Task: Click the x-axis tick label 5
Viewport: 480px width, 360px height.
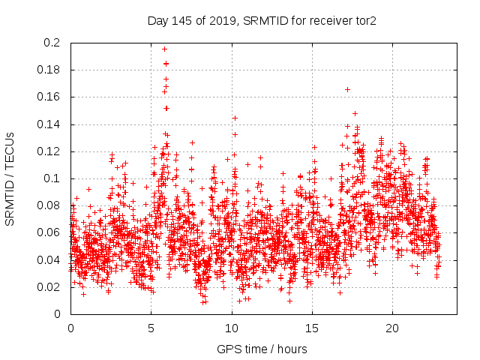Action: coord(151,328)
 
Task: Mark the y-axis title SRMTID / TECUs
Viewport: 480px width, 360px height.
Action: coord(10,178)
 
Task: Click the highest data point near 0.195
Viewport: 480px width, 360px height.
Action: coord(164,49)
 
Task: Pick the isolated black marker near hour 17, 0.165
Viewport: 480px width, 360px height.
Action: coord(347,89)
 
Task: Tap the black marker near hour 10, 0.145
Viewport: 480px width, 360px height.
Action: coord(235,118)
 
